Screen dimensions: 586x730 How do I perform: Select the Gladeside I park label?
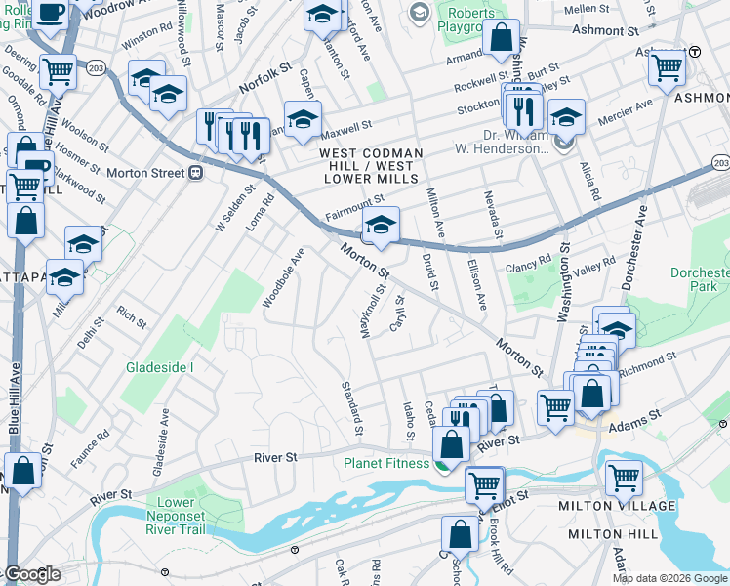tap(160, 367)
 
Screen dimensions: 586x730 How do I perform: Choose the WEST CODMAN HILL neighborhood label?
tap(371, 154)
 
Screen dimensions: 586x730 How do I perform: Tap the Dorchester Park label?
tap(701, 279)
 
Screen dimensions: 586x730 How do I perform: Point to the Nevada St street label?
tap(497, 214)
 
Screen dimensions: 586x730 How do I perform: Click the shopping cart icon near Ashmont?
tap(668, 67)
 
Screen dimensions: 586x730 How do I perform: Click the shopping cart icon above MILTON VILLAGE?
tap(624, 478)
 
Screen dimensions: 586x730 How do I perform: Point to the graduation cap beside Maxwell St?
tap(303, 117)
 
